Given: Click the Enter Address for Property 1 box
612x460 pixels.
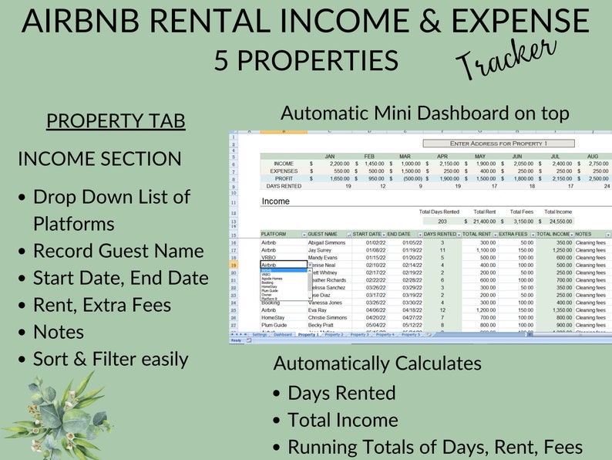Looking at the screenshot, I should click(x=498, y=144).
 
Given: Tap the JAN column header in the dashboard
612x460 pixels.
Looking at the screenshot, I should click(x=329, y=156).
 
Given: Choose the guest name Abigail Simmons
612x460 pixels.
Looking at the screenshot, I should click(x=327, y=243).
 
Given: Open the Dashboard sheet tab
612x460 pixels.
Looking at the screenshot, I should click(x=283, y=335).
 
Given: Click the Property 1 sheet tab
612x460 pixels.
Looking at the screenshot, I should click(x=308, y=335).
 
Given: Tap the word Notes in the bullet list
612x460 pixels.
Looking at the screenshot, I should click(x=59, y=331).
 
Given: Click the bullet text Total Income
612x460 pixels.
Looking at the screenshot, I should click(x=343, y=420).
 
